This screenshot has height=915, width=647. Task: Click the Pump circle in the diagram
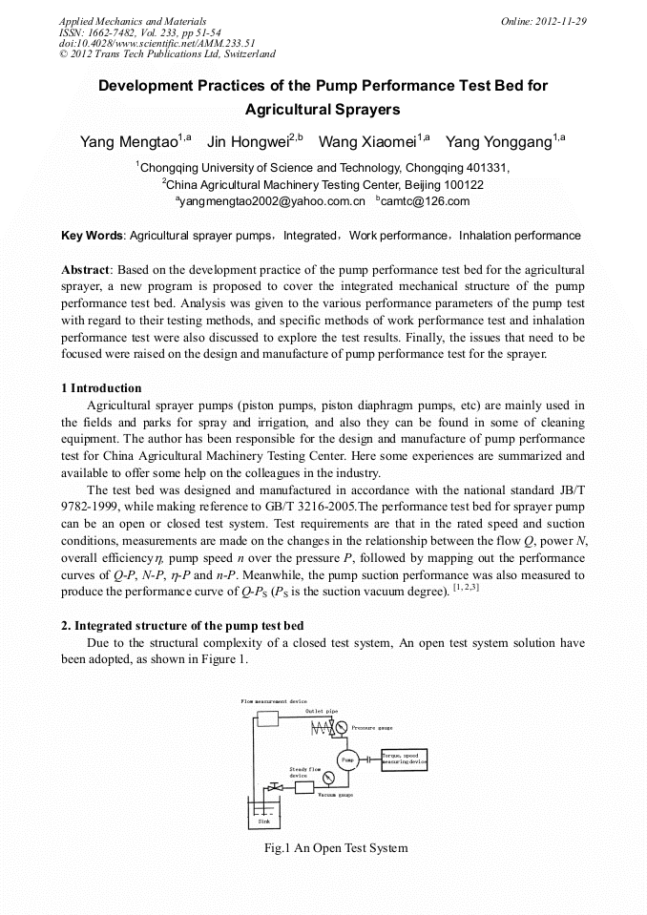click(x=347, y=759)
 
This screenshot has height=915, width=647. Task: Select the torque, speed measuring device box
click(x=405, y=759)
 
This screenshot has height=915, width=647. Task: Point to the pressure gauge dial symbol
click(x=341, y=727)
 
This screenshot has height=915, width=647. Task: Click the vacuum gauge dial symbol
click(x=328, y=778)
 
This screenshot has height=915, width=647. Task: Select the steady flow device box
click(x=303, y=788)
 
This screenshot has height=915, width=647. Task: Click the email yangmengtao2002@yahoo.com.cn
click(x=271, y=201)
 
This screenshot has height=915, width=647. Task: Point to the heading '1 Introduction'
click(x=101, y=388)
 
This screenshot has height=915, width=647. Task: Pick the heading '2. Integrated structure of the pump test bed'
click(x=188, y=626)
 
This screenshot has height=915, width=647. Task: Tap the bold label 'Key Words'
click(x=92, y=235)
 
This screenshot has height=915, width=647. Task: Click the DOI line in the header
click(x=157, y=43)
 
